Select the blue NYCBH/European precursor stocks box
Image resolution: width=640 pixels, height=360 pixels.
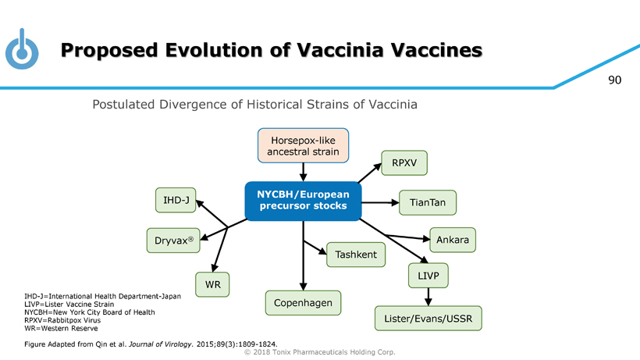(x=302, y=200)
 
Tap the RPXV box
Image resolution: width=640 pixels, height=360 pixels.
(x=404, y=163)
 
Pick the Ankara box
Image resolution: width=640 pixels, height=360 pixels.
(x=452, y=240)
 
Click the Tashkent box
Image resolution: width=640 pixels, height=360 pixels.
(x=356, y=255)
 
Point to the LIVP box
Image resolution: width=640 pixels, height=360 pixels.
(x=428, y=276)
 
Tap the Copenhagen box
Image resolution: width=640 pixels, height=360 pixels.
(x=303, y=302)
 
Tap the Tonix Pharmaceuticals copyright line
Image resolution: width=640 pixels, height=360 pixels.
(x=320, y=352)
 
